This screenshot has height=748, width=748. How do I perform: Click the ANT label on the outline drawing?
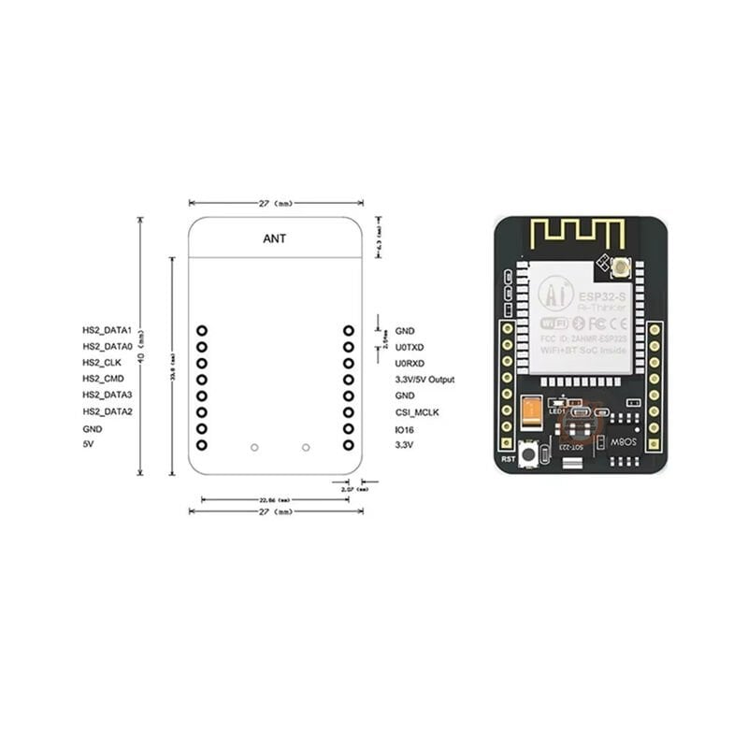[275, 238]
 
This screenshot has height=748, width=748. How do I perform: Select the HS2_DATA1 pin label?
[107, 331]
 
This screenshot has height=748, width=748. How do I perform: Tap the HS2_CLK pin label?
[102, 363]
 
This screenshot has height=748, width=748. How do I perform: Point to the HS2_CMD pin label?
[103, 379]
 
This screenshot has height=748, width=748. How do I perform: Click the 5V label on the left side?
[88, 444]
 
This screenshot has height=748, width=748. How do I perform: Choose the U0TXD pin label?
[410, 347]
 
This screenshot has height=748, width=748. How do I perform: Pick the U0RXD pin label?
[410, 363]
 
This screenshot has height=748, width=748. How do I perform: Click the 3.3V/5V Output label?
[424, 380]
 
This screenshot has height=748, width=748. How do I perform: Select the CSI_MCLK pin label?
[417, 411]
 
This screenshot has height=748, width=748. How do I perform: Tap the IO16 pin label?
[405, 428]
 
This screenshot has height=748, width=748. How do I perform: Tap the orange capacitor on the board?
[532, 411]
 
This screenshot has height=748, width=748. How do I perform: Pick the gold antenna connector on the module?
[621, 269]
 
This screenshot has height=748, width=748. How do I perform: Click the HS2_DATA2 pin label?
[107, 411]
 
